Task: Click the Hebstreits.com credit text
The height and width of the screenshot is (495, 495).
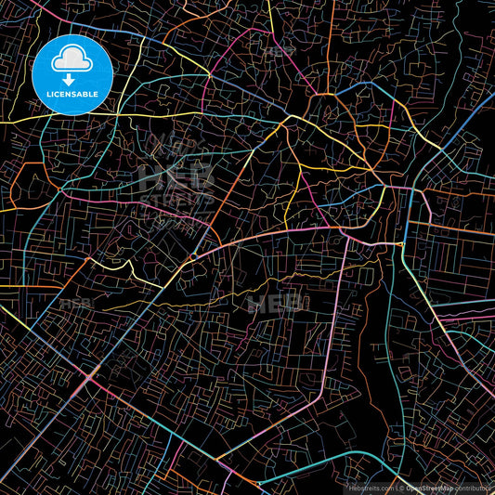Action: click(370, 487)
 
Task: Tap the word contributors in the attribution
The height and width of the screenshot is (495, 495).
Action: click(474, 487)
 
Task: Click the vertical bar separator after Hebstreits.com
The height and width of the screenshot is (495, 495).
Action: click(395, 487)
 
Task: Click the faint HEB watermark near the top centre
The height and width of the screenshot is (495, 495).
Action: click(277, 52)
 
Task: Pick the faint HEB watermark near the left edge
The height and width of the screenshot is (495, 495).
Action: click(74, 303)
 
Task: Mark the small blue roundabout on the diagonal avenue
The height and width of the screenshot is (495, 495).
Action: click(192, 255)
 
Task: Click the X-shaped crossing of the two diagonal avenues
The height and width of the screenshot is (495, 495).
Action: click(90, 376)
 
